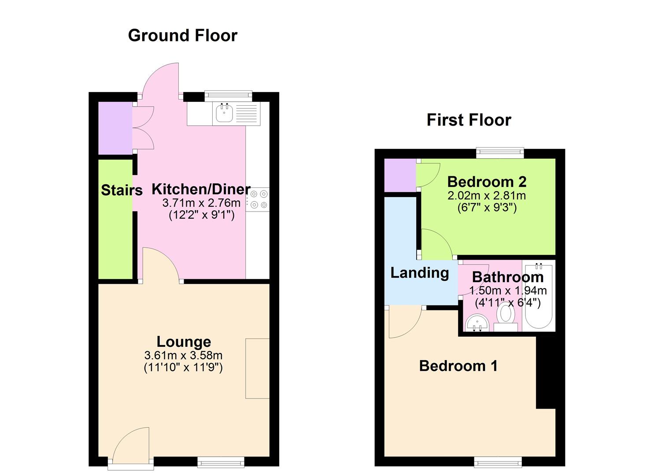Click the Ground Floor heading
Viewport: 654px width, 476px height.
[182, 35]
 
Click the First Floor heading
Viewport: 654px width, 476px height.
[469, 120]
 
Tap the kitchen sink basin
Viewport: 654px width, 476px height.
[225, 114]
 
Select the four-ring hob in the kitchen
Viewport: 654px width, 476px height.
[258, 199]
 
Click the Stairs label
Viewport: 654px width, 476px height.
[122, 190]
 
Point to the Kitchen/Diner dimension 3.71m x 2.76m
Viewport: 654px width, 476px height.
[201, 203]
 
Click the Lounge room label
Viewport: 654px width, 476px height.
[184, 342]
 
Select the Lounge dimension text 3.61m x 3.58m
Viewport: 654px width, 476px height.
[183, 355]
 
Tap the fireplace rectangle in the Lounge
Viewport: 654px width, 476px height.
[257, 368]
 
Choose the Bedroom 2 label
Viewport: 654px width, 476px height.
[487, 182]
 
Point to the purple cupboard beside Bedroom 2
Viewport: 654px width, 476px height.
[400, 175]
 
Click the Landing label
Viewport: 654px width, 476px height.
[419, 273]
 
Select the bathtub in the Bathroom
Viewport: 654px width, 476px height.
[538, 295]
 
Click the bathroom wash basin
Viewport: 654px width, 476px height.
[477, 323]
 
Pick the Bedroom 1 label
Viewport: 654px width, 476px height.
[458, 366]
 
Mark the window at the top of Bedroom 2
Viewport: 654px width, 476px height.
[500, 153]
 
